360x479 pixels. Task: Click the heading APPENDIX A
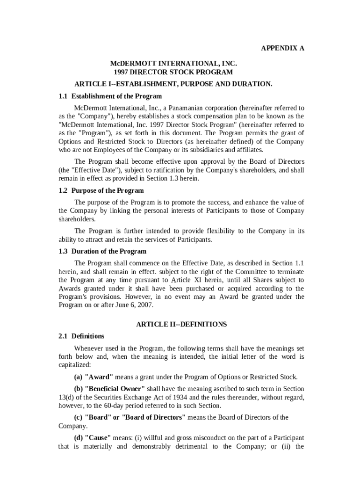pyautogui.click(x=282, y=48)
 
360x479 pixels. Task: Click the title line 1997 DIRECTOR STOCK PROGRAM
pyautogui.click(x=173, y=72)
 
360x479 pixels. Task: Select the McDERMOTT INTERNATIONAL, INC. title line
pyautogui.click(x=173, y=63)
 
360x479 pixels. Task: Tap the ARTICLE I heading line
pyautogui.click(x=173, y=84)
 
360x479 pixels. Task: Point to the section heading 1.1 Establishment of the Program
pyautogui.click(x=110, y=96)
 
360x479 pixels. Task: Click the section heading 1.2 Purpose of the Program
pyautogui.click(x=101, y=191)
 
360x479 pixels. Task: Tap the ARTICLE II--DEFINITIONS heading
pyautogui.click(x=181, y=324)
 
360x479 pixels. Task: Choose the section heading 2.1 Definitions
pyautogui.click(x=81, y=336)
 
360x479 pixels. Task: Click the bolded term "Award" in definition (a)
pyautogui.click(x=99, y=377)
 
